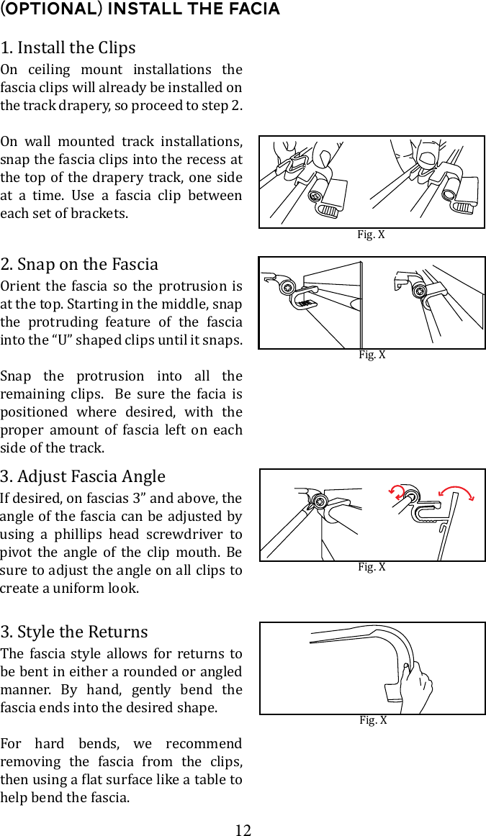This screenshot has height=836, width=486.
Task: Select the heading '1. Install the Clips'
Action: click(68, 48)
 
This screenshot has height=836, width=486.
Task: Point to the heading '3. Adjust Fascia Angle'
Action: click(83, 476)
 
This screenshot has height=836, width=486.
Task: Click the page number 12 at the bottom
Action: click(243, 830)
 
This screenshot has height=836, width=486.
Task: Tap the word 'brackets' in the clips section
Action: click(102, 214)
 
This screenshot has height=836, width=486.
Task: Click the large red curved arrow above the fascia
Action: click(456, 491)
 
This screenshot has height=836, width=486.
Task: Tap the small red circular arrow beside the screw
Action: click(396, 492)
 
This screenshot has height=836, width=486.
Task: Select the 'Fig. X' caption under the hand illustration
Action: click(373, 720)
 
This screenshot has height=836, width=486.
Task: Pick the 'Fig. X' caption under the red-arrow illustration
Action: click(372, 567)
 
